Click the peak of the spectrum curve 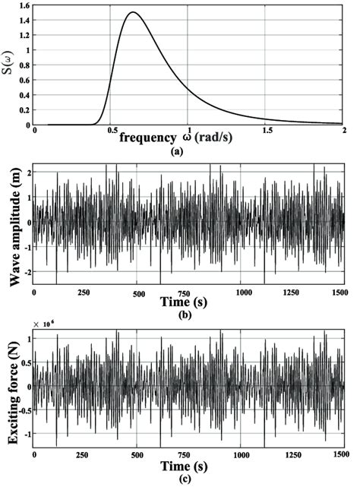point(134,13)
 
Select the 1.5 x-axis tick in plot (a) point(264,131)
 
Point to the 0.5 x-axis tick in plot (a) point(113,131)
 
